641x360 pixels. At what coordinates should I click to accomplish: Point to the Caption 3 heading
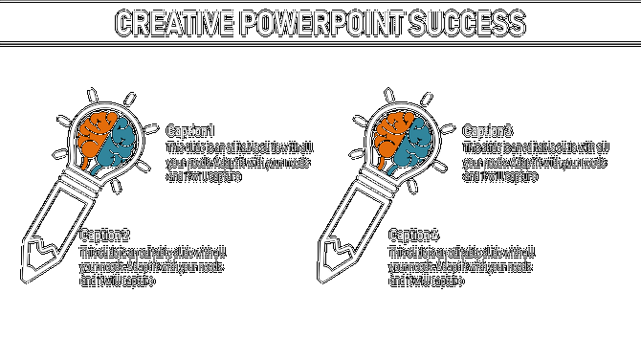click(488, 131)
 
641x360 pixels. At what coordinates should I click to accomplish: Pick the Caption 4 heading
click(414, 236)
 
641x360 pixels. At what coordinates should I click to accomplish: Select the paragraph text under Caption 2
click(153, 266)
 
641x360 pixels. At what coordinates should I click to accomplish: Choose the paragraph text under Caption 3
click(536, 162)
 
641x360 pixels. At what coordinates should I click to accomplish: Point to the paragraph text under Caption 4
click(462, 266)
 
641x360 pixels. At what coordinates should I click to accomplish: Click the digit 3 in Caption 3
click(508, 131)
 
